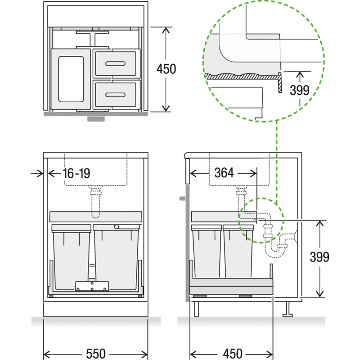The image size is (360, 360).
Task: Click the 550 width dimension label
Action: (x=96, y=354)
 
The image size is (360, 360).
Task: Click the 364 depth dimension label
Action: (x=224, y=173)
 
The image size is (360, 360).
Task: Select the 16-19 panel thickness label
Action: (x=76, y=173)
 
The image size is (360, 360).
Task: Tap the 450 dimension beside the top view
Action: (x=166, y=69)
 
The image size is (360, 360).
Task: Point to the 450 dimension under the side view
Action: (x=233, y=354)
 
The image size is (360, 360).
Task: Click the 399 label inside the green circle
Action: (x=299, y=90)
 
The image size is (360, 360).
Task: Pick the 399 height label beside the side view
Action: (x=319, y=256)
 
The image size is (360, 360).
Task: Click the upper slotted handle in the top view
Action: (x=115, y=63)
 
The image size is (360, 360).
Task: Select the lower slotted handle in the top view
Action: (x=115, y=94)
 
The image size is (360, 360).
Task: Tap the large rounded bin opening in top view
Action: (x=71, y=79)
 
